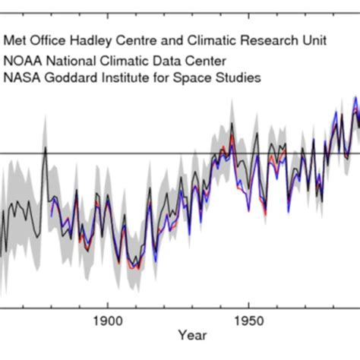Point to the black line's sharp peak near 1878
[x=45, y=147]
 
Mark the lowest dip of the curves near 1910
[x=134, y=267]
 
